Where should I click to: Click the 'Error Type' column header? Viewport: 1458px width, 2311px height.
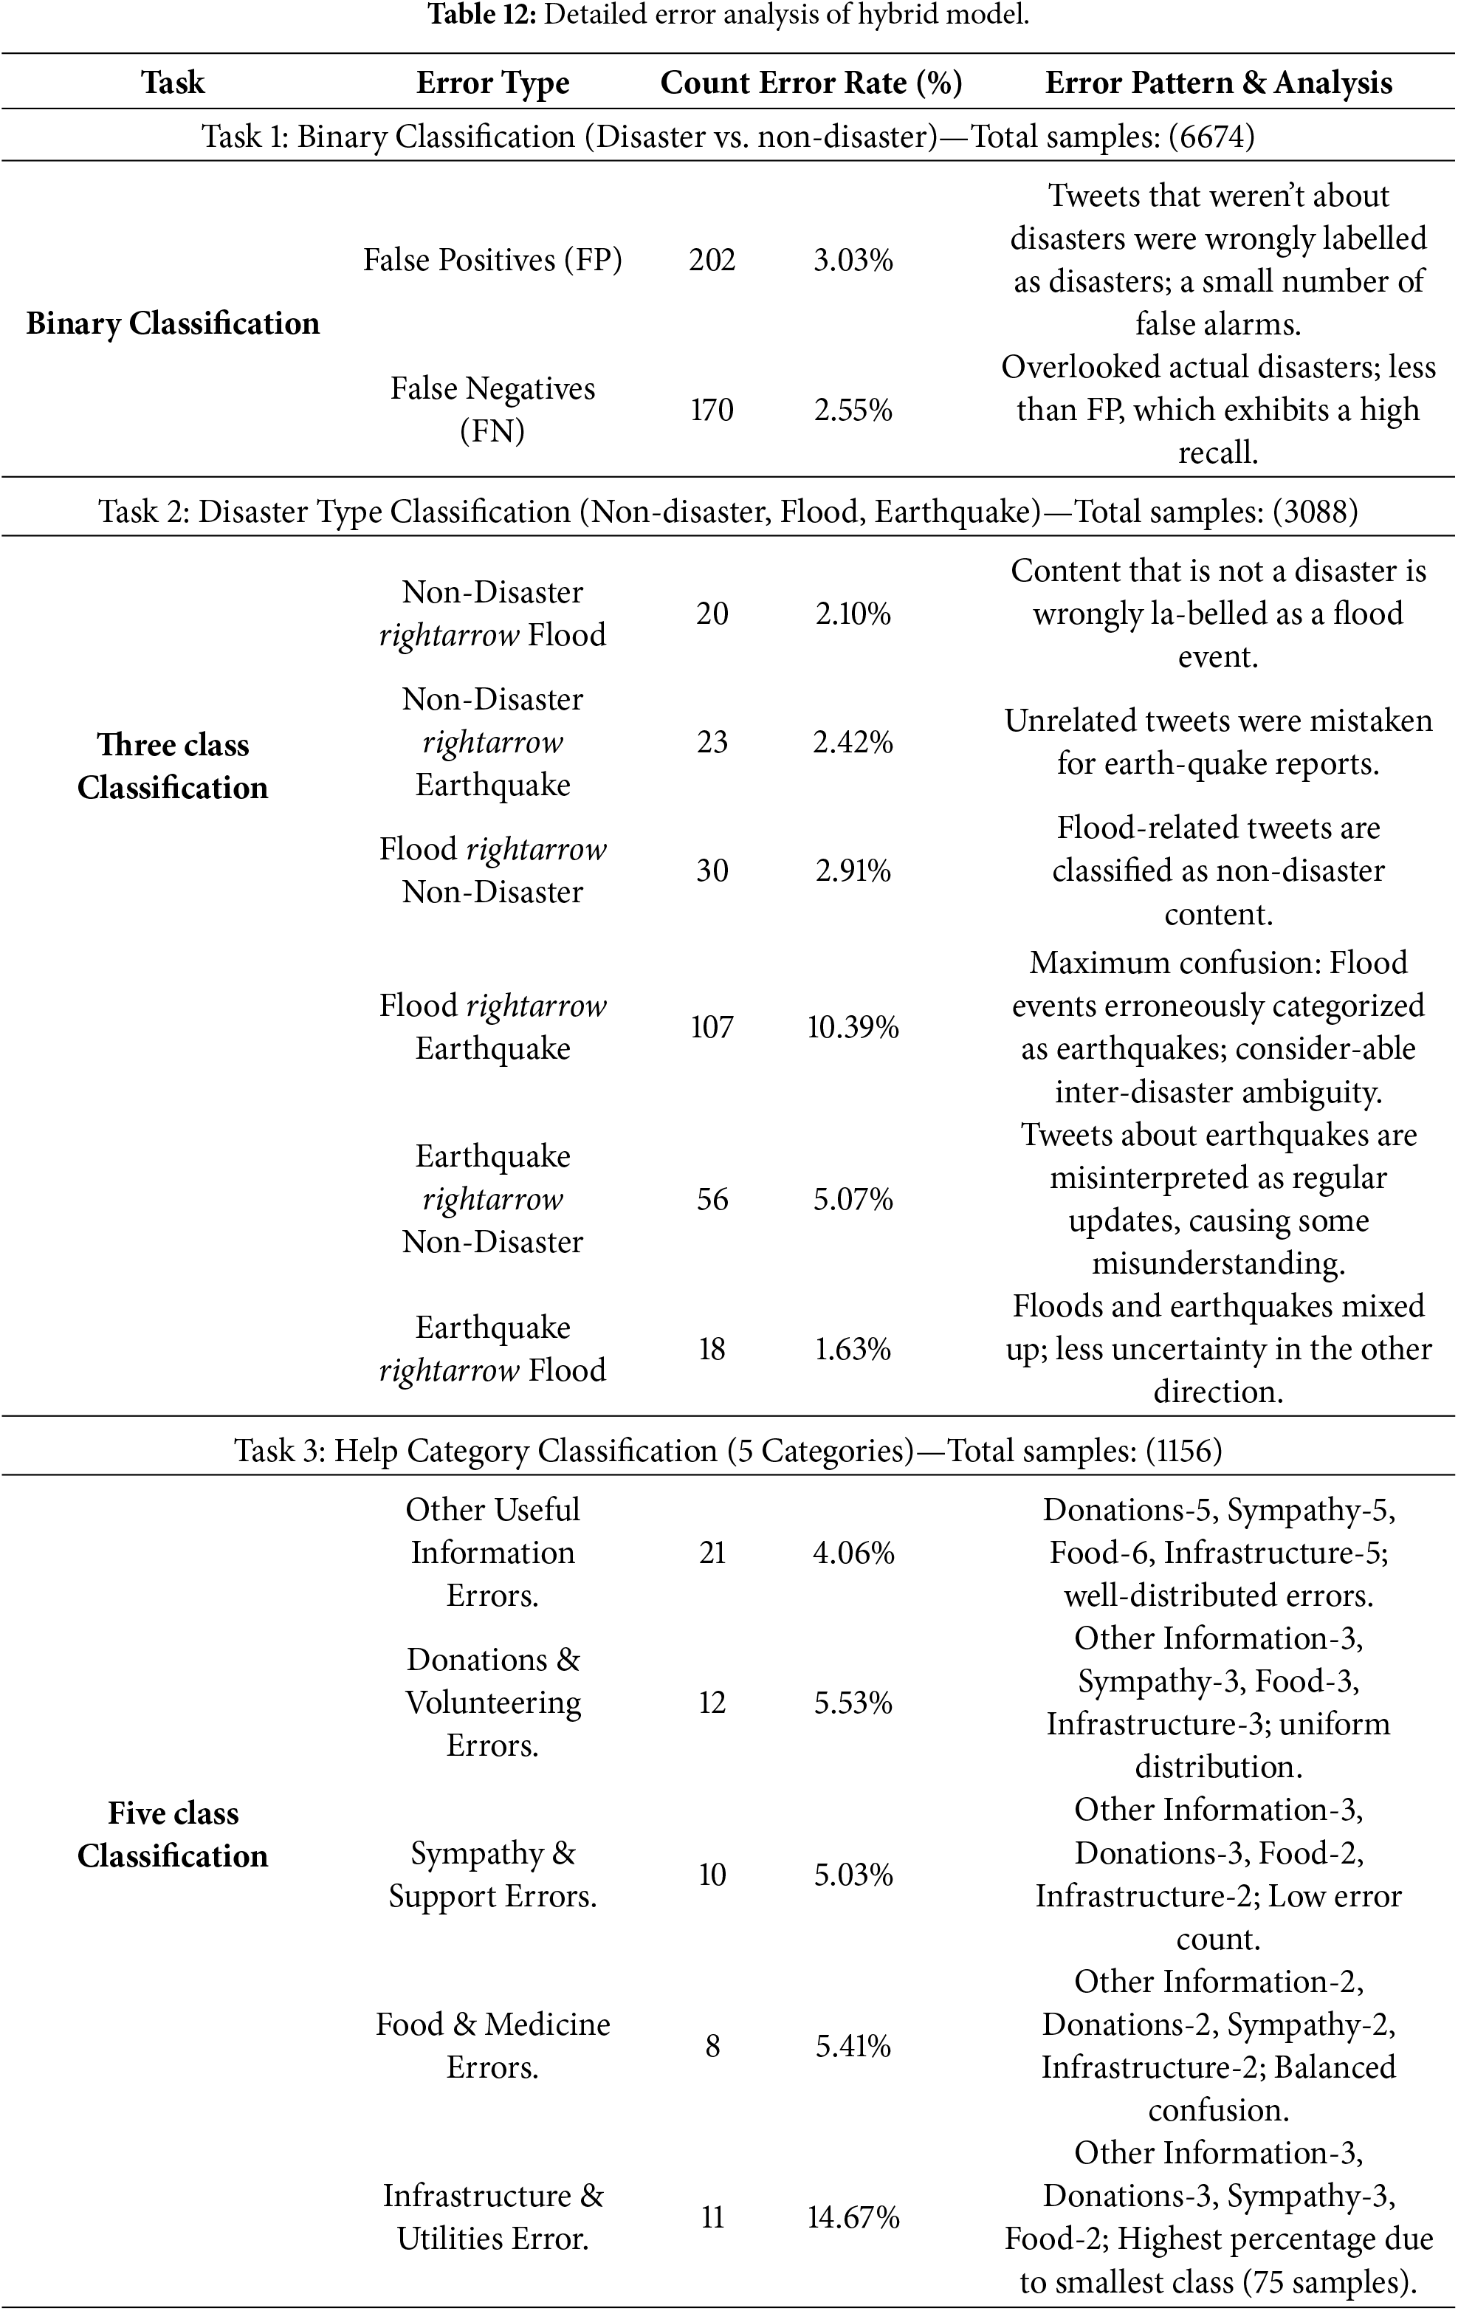click(492, 83)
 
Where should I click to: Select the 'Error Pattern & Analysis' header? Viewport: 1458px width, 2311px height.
click(1218, 83)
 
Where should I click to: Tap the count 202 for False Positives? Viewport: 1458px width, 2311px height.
click(712, 260)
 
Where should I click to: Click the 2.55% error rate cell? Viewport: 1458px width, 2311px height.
click(853, 410)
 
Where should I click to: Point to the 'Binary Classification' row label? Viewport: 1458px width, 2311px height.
click(173, 323)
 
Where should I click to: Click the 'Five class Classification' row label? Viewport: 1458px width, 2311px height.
click(173, 1834)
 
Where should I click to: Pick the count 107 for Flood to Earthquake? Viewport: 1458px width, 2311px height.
click(712, 1027)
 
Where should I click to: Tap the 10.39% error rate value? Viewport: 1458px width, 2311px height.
click(853, 1027)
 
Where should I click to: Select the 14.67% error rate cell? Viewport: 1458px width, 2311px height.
click(853, 2217)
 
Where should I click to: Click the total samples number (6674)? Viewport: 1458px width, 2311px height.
click(1211, 137)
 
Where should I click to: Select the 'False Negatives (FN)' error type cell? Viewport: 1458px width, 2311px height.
click(492, 410)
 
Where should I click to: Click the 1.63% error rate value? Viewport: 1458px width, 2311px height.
click(853, 1350)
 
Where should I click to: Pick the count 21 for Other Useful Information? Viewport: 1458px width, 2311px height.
click(712, 1553)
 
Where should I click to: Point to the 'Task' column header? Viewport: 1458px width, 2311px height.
click(173, 83)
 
